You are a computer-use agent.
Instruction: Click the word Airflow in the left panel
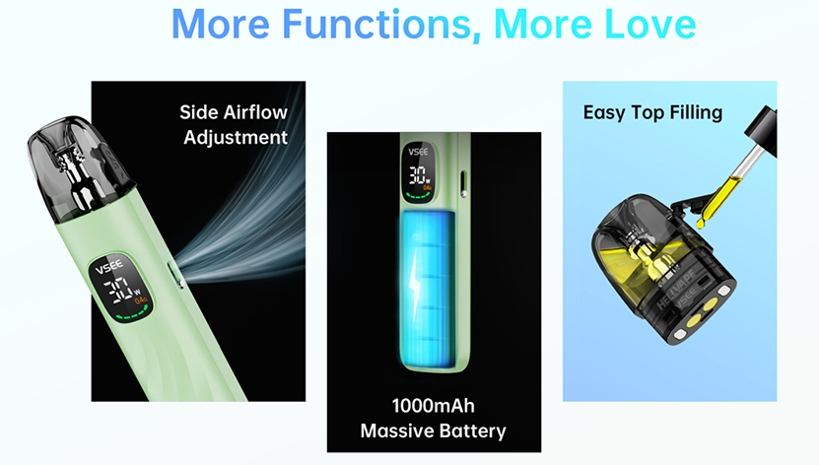coord(255,112)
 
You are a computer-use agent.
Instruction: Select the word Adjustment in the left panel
coord(236,138)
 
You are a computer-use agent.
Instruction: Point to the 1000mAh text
coord(434,406)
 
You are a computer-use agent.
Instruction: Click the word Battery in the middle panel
coord(473,432)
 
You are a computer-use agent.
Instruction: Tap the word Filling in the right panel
coord(696,112)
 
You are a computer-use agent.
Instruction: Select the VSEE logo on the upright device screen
coord(419,152)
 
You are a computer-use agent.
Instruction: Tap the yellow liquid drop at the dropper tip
coord(701,223)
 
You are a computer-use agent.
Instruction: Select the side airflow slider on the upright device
coord(463,183)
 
